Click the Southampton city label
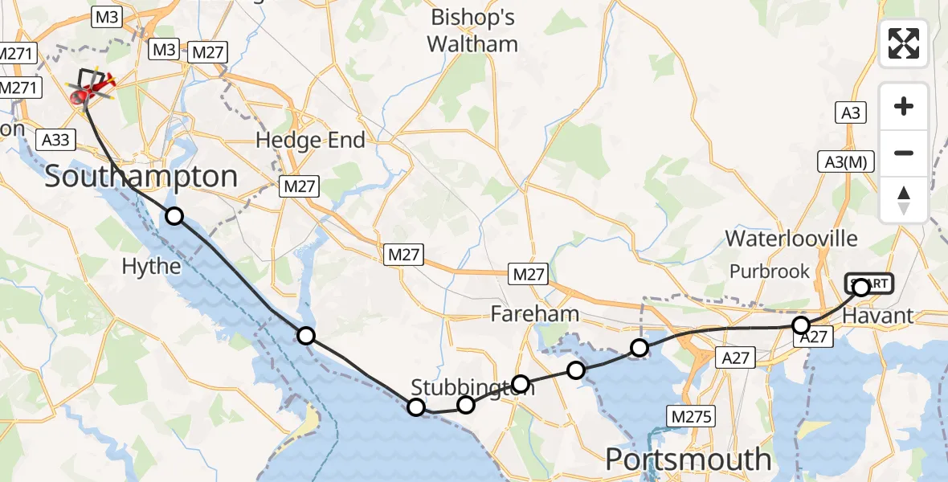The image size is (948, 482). pos(141,177)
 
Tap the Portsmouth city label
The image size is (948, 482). pos(688,460)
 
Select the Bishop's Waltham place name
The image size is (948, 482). pos(473,31)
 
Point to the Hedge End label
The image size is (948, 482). pos(310,141)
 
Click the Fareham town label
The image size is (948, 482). pos(536,313)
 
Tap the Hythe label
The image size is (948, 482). pos(153,266)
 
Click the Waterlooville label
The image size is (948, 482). pos(791,239)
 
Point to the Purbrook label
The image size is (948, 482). pos(770,272)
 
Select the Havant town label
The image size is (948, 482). pos(878,316)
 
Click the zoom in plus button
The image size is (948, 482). pos(904,106)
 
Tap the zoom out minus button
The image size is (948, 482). pos(904,153)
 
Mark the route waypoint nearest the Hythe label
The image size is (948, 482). pos(174,215)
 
